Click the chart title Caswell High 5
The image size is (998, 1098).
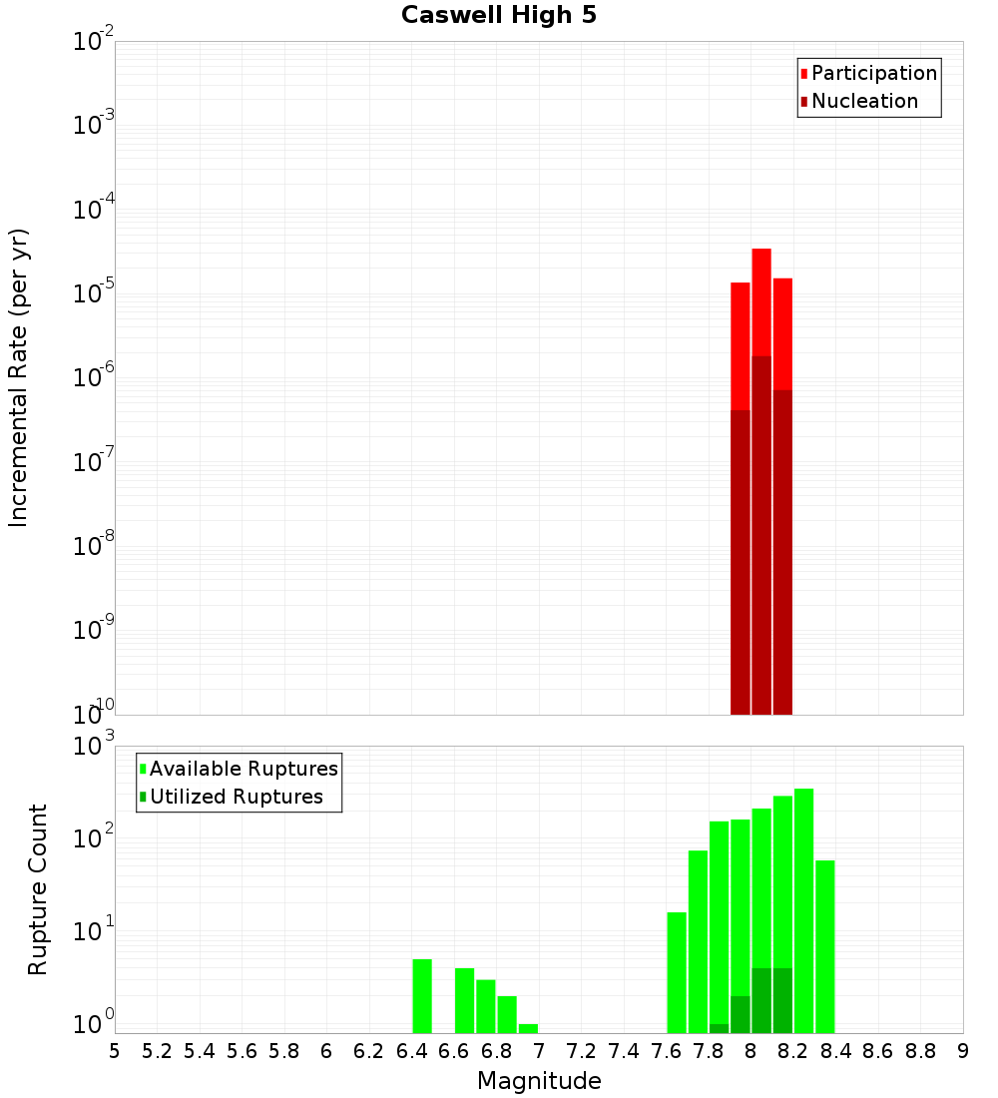tap(498, 15)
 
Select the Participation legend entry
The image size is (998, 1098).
tap(873, 73)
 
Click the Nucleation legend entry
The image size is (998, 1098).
tap(863, 101)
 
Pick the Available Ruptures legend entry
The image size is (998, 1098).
tap(243, 769)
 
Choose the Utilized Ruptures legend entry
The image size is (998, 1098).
tap(236, 797)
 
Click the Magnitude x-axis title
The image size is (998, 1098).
tap(539, 1081)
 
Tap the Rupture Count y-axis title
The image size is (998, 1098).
tap(38, 889)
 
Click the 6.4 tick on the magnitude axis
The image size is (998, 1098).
tap(411, 1051)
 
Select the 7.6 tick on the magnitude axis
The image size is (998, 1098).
tap(666, 1051)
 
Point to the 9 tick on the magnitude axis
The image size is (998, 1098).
tap(962, 1051)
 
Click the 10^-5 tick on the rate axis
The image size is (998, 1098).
tap(94, 294)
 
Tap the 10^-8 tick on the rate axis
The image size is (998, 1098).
tap(94, 546)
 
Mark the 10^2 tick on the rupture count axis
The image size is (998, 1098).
tap(94, 838)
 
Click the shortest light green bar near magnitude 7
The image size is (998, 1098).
tap(529, 1028)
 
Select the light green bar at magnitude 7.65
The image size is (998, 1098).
tap(677, 972)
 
